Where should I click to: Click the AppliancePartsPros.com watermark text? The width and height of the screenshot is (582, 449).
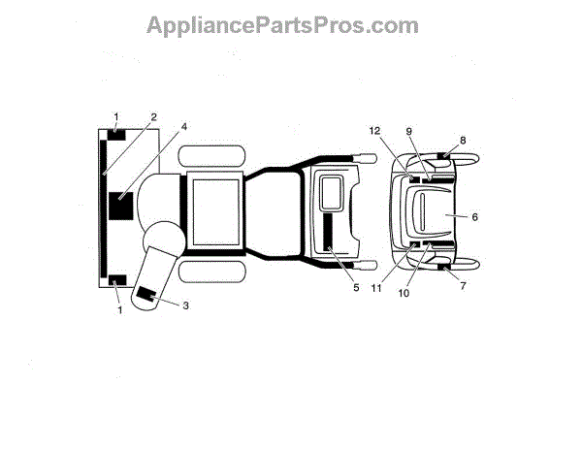coord(282,25)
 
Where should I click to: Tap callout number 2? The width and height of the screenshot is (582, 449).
coord(152,117)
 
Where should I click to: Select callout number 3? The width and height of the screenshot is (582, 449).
coord(186,306)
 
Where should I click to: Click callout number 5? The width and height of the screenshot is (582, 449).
coord(356,287)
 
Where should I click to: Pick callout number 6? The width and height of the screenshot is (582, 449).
coord(474,216)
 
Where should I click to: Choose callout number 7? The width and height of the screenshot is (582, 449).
coord(462,286)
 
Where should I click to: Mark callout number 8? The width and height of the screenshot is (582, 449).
coord(463,140)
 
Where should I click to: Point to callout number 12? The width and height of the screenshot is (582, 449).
coord(375,130)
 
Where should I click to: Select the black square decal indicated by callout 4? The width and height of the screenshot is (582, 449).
coord(122,207)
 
